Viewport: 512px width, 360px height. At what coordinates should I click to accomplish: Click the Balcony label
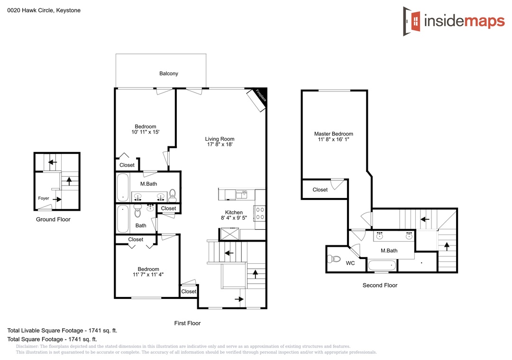168,73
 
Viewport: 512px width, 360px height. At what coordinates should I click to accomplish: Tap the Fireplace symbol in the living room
256,100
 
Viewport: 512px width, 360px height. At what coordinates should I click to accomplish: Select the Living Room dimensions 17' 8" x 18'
220,144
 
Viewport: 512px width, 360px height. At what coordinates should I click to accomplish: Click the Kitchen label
234,212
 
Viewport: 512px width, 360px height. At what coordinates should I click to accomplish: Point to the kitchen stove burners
260,213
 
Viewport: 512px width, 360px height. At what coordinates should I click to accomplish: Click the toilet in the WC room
333,259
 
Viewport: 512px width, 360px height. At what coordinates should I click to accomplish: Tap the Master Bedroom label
333,134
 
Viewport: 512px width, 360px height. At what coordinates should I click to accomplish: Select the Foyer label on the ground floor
44,198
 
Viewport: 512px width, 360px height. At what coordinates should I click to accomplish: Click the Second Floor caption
380,285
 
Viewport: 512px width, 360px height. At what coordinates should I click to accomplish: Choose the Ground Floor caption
53,219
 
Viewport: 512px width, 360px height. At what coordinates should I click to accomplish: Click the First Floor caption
187,323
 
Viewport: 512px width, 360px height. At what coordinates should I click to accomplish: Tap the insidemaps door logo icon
412,21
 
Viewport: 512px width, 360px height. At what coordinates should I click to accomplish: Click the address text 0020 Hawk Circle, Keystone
44,10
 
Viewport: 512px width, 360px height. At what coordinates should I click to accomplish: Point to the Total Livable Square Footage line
62,330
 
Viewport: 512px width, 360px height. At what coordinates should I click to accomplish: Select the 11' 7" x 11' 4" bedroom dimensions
148,274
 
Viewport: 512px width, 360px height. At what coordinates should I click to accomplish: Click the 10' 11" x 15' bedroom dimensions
146,132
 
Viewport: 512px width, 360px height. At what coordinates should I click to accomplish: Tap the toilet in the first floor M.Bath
173,195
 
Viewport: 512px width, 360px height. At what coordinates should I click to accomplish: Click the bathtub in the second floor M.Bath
382,265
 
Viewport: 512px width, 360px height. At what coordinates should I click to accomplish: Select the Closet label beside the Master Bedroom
320,189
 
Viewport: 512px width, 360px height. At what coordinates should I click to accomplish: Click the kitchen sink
241,195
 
